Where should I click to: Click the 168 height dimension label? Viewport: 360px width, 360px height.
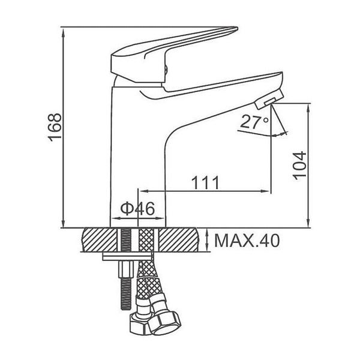click(55, 128)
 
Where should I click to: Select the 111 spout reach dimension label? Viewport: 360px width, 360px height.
click(205, 182)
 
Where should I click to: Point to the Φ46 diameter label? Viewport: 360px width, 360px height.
click(137, 209)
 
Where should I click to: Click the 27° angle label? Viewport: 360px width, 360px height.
click(254, 121)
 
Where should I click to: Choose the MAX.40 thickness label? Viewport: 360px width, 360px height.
click(247, 241)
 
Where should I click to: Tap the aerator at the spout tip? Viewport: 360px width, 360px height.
click(269, 99)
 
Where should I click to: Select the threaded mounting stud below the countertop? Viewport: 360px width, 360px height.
click(126, 269)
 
